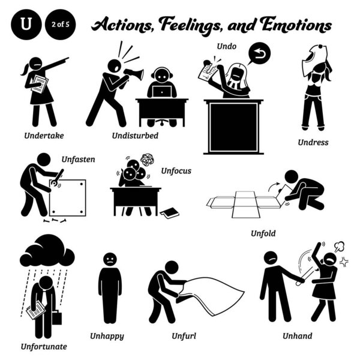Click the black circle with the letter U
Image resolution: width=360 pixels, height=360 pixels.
(25, 26)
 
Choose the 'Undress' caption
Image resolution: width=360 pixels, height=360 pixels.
(314, 143)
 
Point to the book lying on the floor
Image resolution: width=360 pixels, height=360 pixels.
(169, 212)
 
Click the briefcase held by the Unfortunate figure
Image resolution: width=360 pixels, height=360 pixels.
(57, 317)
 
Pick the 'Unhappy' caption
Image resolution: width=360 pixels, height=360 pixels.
(109, 336)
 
